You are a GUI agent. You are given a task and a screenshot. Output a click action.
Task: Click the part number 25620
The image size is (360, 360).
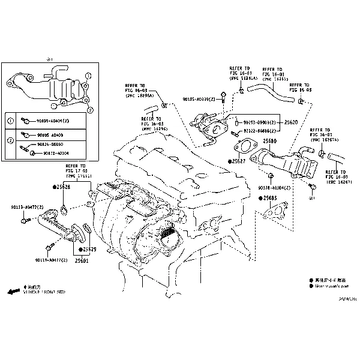[291, 122]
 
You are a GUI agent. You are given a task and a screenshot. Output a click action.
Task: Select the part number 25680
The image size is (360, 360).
[269, 141]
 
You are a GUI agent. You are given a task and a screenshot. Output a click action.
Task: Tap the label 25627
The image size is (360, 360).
[239, 162]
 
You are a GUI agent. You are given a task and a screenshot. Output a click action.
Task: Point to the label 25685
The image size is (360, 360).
[270, 197]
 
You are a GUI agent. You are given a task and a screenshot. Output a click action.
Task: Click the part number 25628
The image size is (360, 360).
[62, 188]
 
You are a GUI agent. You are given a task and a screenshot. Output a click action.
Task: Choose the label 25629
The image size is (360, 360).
[89, 249]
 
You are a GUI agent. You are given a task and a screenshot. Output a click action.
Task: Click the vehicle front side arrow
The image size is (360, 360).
[13, 290]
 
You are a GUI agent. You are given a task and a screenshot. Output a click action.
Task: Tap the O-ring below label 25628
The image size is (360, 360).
[64, 209]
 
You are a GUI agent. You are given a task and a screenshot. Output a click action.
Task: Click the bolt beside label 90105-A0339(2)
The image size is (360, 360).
[223, 97]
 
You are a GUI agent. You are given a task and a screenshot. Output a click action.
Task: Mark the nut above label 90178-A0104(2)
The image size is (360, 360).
[270, 176]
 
